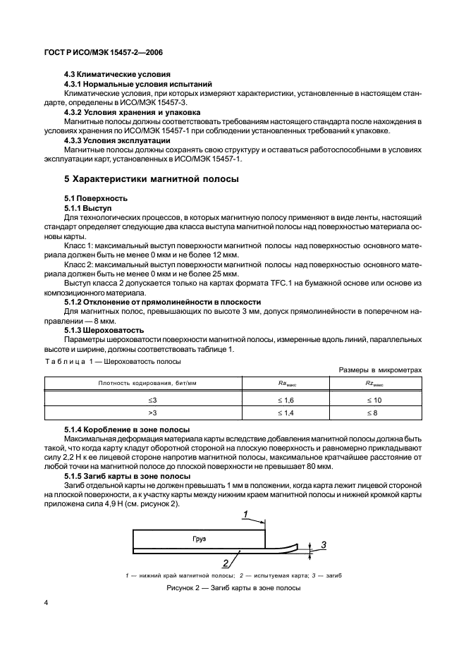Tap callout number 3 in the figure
click(x=323, y=544)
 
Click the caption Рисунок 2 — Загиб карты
click(x=233, y=588)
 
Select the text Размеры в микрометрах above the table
click(x=379, y=369)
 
